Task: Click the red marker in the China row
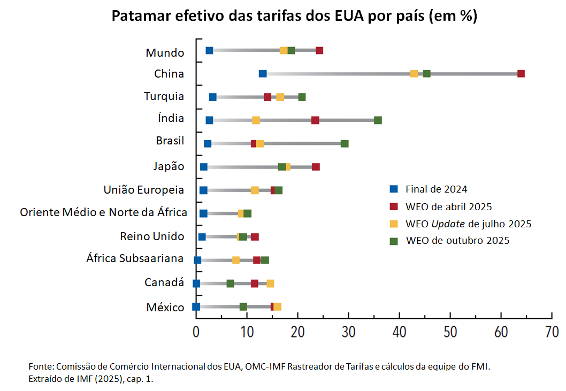(521, 74)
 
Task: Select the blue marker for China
(263, 74)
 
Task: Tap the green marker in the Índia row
(378, 120)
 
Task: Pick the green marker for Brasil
(345, 143)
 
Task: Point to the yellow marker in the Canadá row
(270, 283)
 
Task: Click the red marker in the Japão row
(316, 167)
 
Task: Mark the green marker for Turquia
(302, 97)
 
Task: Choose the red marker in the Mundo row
(319, 51)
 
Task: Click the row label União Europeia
(144, 190)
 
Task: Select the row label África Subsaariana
(135, 259)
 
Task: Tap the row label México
(165, 308)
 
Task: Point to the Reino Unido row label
(152, 236)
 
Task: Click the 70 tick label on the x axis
(552, 332)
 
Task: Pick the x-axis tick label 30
(348, 332)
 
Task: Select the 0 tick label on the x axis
(196, 332)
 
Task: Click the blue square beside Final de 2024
(394, 189)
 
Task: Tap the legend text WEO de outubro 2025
(457, 241)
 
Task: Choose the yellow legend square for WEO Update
(394, 224)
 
